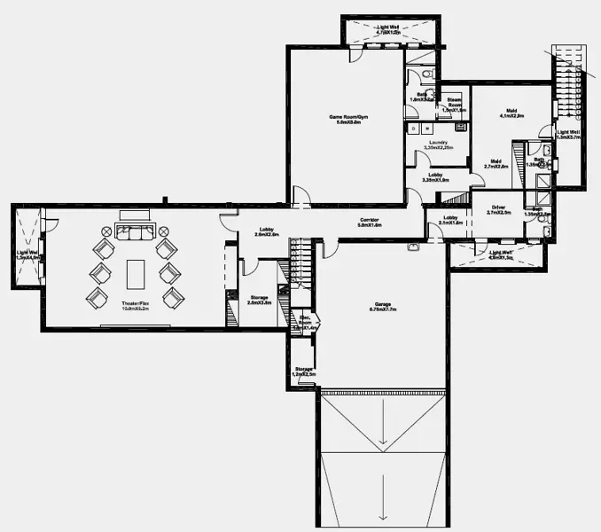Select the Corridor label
[370, 220]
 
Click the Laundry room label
[436, 143]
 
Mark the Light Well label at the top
[388, 27]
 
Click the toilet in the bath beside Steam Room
[426, 74]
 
